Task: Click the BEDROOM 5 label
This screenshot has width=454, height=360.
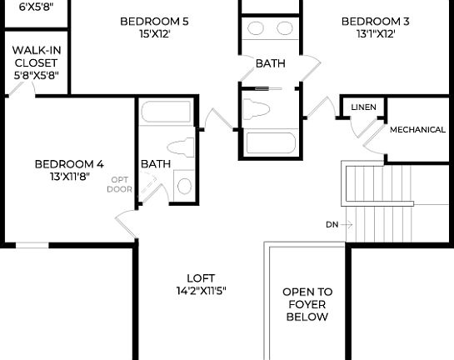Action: pyautogui.click(x=154, y=22)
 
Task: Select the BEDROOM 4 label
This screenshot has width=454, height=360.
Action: pyautogui.click(x=69, y=163)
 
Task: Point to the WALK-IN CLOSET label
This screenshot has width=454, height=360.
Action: pyautogui.click(x=34, y=62)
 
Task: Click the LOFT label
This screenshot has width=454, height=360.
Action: pyautogui.click(x=201, y=278)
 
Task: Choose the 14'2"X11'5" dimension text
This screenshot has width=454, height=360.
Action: pyautogui.click(x=201, y=291)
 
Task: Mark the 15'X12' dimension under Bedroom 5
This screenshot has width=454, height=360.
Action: pyautogui.click(x=154, y=34)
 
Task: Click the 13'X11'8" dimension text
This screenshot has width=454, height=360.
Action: pyautogui.click(x=69, y=176)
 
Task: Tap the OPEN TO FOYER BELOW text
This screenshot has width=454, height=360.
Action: pyautogui.click(x=307, y=304)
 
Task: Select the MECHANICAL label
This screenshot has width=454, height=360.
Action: pyautogui.click(x=417, y=130)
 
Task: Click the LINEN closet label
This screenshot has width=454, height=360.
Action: pyautogui.click(x=363, y=107)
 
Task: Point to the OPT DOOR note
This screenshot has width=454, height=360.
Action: pyautogui.click(x=119, y=184)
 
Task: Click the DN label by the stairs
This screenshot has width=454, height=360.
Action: pyautogui.click(x=332, y=224)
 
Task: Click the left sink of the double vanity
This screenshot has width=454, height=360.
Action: pyautogui.click(x=255, y=28)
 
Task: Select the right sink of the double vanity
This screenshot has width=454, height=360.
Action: pyautogui.click(x=284, y=28)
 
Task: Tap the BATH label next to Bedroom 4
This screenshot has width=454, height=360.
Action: pyautogui.click(x=156, y=163)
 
